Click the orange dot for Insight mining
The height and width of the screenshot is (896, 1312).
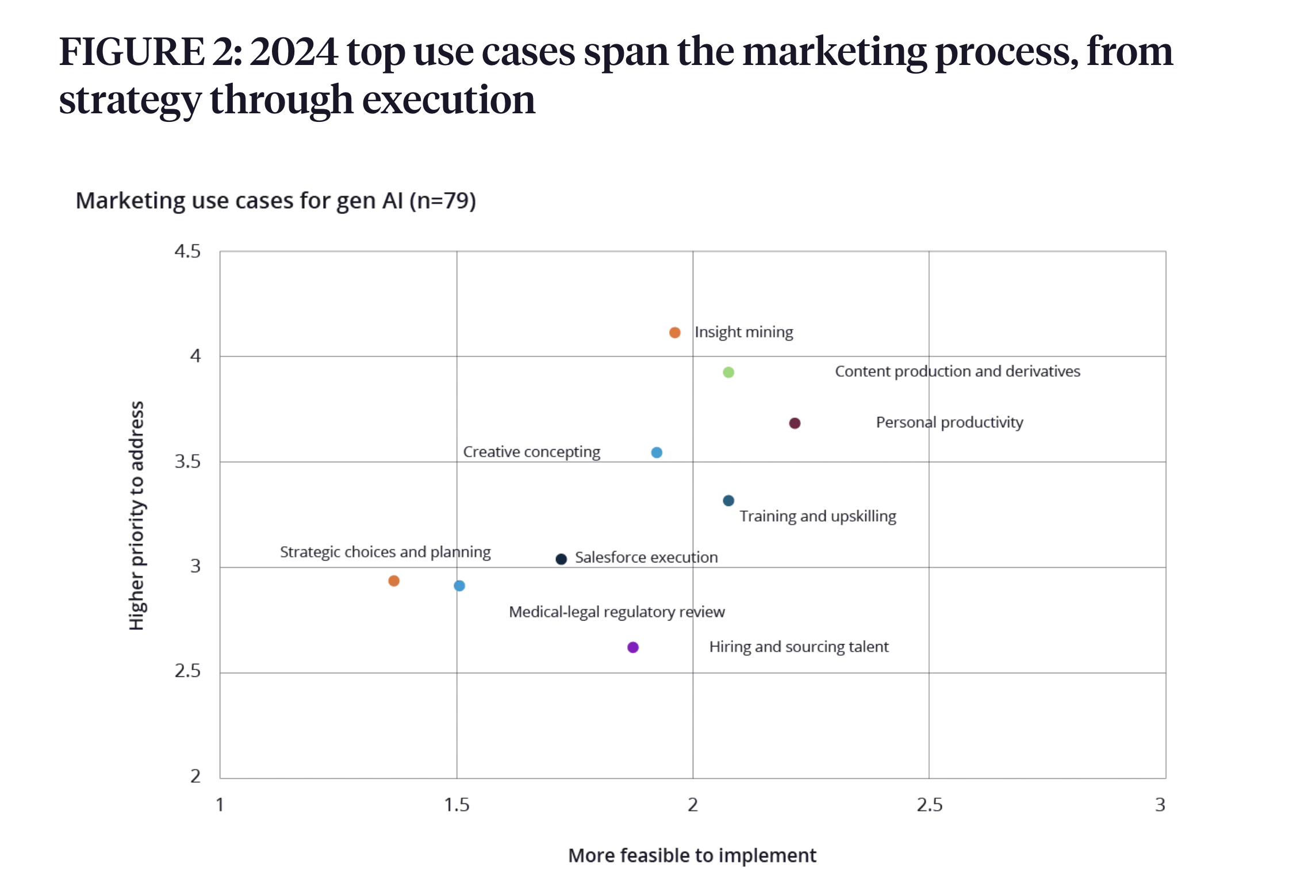[675, 332]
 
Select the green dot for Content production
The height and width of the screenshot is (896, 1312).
[728, 372]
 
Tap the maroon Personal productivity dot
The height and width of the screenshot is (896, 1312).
[795, 423]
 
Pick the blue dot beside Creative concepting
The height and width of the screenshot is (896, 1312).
[657, 453]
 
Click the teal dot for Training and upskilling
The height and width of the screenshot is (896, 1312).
[728, 500]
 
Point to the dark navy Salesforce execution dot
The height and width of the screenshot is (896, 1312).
[561, 559]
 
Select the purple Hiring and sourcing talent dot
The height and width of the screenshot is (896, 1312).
[633, 648]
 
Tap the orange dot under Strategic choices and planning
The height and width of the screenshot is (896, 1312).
[394, 581]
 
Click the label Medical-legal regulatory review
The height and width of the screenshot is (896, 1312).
[616, 612]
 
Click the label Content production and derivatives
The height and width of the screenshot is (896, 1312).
[957, 372]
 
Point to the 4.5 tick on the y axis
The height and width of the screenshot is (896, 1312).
[187, 251]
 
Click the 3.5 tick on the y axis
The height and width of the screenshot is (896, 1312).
[187, 462]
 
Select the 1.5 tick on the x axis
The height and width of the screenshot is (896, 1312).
[456, 805]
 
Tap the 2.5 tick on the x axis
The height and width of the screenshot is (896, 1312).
[929, 805]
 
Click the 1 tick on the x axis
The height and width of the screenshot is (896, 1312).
[220, 805]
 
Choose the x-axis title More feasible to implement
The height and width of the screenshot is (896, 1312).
[692, 855]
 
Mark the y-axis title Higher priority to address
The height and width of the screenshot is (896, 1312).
[136, 515]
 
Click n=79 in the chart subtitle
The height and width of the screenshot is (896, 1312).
[442, 201]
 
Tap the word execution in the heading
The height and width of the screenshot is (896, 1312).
[448, 99]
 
